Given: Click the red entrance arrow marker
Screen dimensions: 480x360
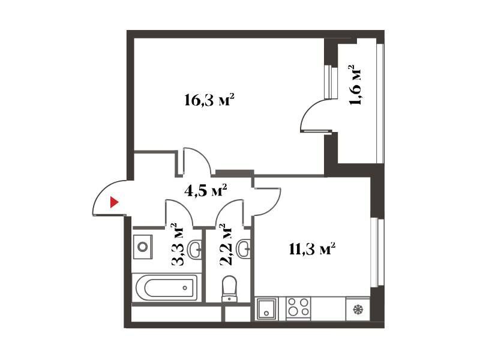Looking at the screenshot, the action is pos(114,202).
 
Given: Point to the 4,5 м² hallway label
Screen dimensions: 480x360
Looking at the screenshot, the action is pos(206,190).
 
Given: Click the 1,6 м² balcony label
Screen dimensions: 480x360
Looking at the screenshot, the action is pos(355,85).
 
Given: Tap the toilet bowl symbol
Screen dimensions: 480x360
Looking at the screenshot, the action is pos(230,289).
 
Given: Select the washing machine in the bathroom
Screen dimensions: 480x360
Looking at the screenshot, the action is pos(143,247).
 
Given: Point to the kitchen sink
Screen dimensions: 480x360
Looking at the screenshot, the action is pos(266,308).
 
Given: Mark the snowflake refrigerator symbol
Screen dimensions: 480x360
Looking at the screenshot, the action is pos(357,310).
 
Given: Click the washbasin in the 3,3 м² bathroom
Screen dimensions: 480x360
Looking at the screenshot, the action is pos(194,249).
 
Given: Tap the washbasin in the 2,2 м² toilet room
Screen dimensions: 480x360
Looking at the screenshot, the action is pos(244,249).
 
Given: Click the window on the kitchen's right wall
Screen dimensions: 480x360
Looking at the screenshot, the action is pos(377,253).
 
